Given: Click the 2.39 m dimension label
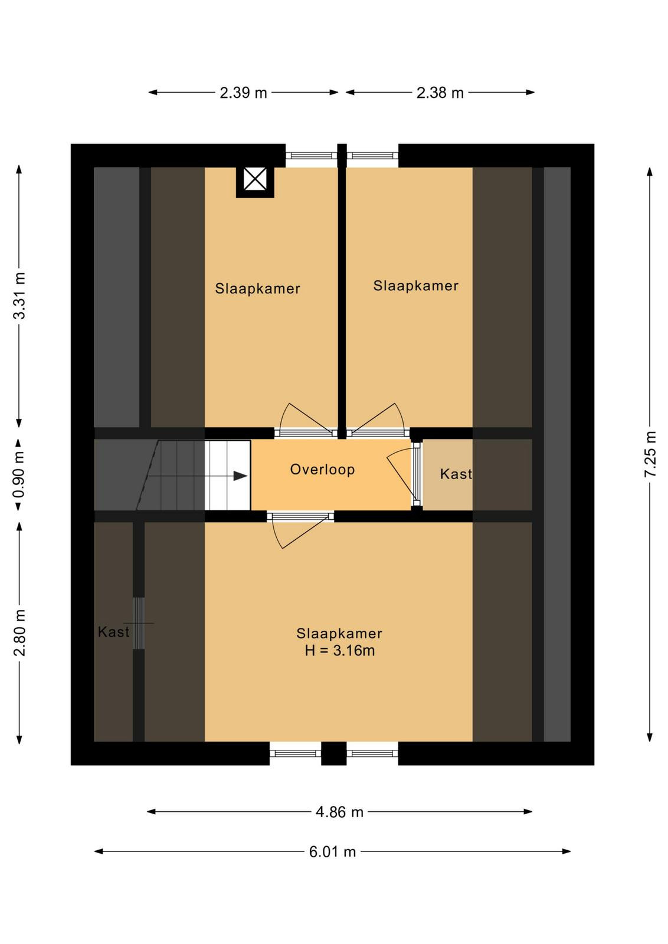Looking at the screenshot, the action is tap(243, 93).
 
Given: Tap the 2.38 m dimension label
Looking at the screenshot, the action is tap(440, 93).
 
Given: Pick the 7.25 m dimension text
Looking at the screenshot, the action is tap(650, 454).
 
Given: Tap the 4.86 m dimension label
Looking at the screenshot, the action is tap(339, 812).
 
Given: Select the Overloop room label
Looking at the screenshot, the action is tap(322, 470).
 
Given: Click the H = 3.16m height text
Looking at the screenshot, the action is tap(340, 651).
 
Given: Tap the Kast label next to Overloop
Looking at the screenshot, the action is tap(456, 474).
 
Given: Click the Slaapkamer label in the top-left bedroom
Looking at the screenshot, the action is tap(257, 289).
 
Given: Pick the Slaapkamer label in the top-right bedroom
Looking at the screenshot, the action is tap(415, 286).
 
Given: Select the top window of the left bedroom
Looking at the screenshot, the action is tap(312, 156).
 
